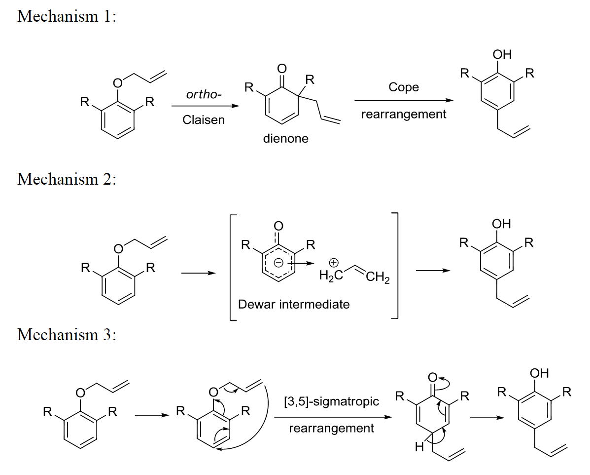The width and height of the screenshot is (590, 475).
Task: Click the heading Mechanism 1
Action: pos(67,16)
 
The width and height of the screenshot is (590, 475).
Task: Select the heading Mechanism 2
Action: pos(67,179)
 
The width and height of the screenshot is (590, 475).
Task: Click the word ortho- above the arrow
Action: pos(203,94)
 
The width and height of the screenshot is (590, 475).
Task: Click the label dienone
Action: pos(286,139)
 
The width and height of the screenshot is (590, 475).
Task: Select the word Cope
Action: pos(403,87)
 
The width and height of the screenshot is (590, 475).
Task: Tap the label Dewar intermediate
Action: pos(294,304)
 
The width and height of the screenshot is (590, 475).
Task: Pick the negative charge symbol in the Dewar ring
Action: pos(278,264)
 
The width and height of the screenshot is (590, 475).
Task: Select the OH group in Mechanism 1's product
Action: pos(502,54)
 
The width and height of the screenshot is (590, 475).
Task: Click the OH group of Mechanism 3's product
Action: pos(540,373)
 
